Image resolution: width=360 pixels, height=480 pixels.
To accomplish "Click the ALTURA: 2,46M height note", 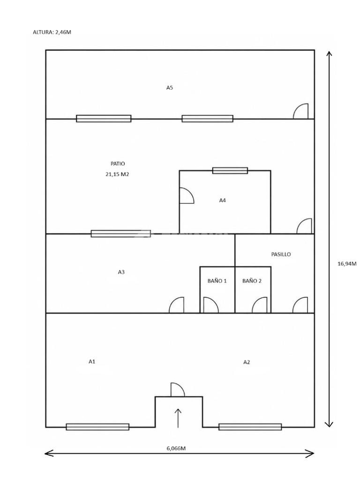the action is [52, 32].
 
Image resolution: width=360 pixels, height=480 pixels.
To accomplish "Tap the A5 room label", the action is [170, 88].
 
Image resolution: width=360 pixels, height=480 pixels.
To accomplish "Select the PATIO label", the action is [118, 164].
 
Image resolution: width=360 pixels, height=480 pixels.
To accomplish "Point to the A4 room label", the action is [223, 200].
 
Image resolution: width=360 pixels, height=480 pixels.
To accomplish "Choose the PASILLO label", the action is [281, 254].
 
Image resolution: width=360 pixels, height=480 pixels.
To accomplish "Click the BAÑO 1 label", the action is [217, 281].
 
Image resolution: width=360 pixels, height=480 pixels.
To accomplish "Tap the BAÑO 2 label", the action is [252, 281].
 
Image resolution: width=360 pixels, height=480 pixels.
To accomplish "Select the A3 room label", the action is [121, 272].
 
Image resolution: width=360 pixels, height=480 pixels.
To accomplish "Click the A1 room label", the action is [92, 361].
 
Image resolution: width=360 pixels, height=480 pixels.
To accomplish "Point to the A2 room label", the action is [247, 362].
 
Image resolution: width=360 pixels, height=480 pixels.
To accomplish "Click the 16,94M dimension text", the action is [347, 263].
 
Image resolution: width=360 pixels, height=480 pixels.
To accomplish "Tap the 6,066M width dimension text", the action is [176, 448].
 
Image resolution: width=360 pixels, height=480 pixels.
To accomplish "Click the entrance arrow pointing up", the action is [178, 418].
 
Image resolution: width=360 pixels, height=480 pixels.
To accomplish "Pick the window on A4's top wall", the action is [230, 171].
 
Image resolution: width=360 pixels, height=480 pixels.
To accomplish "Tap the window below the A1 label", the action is [97, 427].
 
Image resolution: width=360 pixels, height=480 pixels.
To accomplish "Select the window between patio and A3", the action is [121, 233].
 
